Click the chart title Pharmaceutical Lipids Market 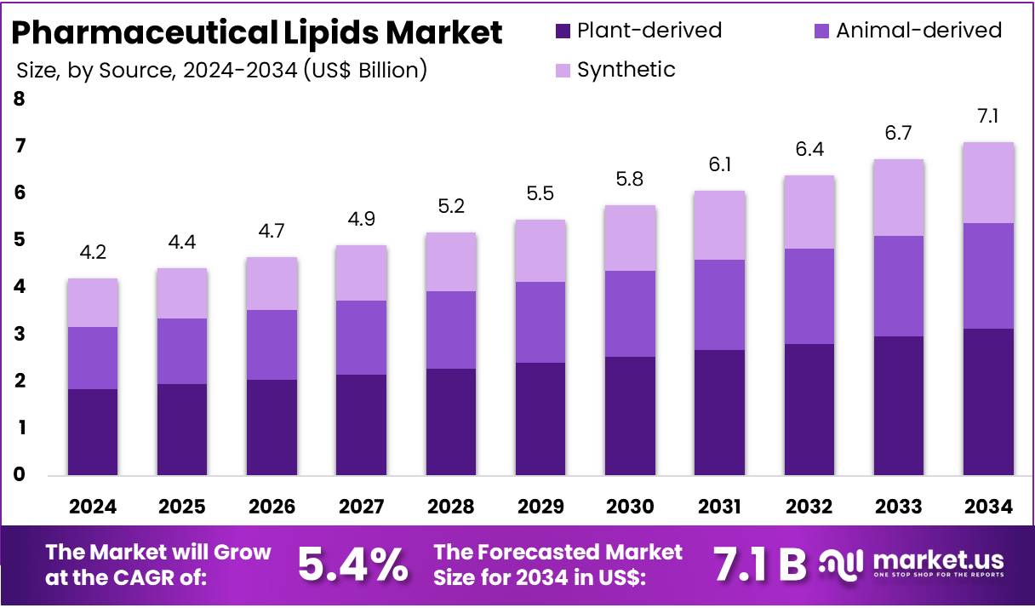[x=256, y=32]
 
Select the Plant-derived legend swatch [x=563, y=32]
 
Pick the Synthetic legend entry [x=626, y=70]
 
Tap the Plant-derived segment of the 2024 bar [x=93, y=432]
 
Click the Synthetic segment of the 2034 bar [x=988, y=182]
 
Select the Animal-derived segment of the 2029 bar [x=540, y=322]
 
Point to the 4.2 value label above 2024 [x=93, y=252]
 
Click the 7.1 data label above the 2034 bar [x=988, y=116]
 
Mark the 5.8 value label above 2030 [x=630, y=179]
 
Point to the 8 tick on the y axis [x=19, y=100]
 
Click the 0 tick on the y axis [x=19, y=475]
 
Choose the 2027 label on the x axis [x=362, y=507]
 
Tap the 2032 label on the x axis [x=809, y=507]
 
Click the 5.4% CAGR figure [x=352, y=564]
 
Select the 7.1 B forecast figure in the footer [x=759, y=564]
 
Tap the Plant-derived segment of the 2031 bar [x=719, y=412]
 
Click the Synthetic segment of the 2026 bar [x=272, y=284]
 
